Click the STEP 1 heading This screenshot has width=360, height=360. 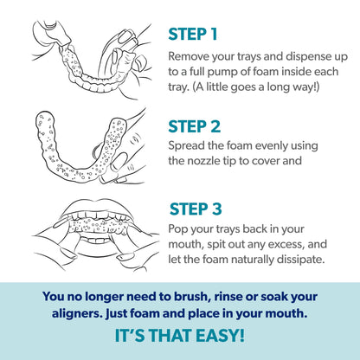click(193, 35)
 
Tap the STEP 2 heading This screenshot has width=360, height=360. click(195, 126)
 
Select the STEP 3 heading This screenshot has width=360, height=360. click(196, 209)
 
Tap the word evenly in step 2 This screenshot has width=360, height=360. click(269, 146)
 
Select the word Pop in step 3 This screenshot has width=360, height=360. click(177, 229)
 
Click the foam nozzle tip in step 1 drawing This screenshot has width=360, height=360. click(65, 43)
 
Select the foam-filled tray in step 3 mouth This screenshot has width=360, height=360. click(98, 225)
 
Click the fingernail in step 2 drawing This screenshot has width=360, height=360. click(119, 163)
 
